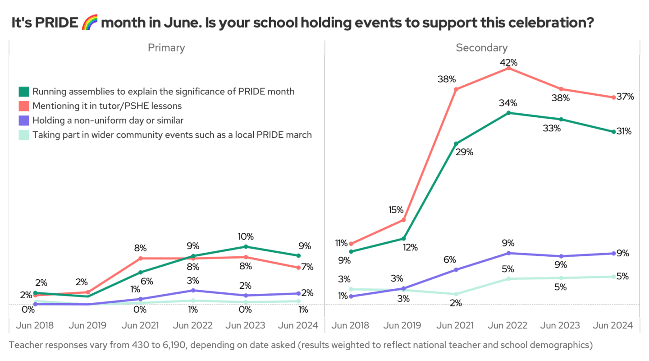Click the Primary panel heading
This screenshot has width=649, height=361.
[x=166, y=48]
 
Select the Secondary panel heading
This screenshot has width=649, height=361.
[x=481, y=48]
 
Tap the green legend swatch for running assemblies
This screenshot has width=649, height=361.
[x=23, y=92]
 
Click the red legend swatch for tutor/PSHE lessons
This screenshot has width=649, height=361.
[x=23, y=106]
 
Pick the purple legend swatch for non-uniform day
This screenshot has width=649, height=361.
[x=23, y=120]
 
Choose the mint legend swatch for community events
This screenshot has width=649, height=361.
[x=23, y=135]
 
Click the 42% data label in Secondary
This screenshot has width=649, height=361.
[x=508, y=63]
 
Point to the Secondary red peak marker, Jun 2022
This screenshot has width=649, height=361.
[x=508, y=68]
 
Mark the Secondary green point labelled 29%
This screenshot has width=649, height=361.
[x=456, y=143]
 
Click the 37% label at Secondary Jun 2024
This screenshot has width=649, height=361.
[x=625, y=96]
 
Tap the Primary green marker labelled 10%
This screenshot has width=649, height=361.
[x=246, y=246]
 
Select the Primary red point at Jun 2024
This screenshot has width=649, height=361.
[x=298, y=268]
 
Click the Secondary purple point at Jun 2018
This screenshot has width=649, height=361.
[x=351, y=296]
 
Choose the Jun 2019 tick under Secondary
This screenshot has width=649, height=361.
[x=403, y=325]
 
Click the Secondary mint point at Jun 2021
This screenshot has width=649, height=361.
[x=456, y=294]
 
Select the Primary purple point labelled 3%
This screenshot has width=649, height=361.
[x=193, y=290]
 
